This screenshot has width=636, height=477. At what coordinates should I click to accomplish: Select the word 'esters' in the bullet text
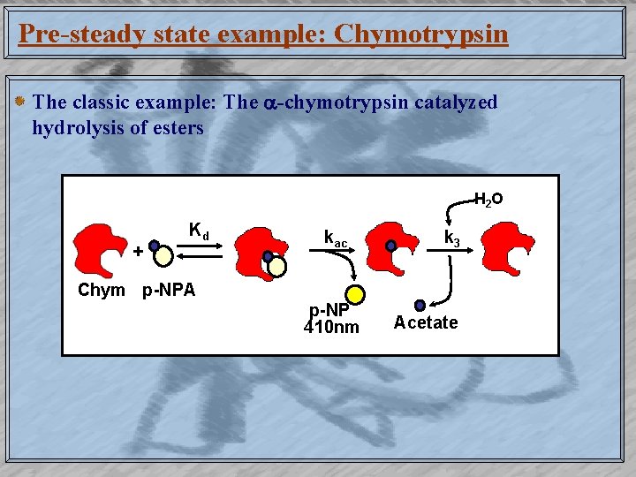176,127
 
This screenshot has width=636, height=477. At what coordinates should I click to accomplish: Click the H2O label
488,199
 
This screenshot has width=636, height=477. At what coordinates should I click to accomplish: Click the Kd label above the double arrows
199,232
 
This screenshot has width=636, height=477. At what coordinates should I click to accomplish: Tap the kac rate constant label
336,238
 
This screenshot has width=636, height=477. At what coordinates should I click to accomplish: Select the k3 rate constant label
451,238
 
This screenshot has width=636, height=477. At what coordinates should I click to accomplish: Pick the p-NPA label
169,290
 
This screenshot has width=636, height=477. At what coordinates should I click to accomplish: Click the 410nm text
331,328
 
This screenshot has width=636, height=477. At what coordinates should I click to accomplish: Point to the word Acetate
426,322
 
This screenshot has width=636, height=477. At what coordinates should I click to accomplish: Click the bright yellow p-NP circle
355,295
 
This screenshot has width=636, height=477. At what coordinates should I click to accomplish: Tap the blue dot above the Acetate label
420,306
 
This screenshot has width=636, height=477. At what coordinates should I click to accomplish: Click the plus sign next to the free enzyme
138,251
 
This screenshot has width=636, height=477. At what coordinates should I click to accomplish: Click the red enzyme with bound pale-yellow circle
261,252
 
